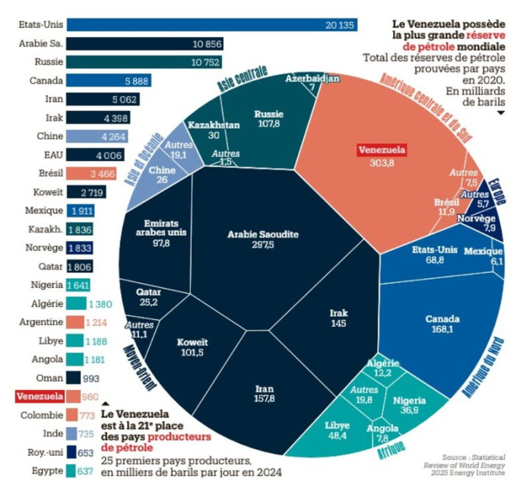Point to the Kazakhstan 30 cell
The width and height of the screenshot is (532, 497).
214,130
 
